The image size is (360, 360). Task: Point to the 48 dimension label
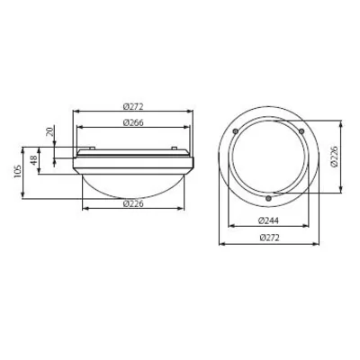[x=35, y=161]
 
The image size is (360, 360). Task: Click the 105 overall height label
[x=19, y=172]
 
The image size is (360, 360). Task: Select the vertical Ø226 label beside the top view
[x=333, y=160]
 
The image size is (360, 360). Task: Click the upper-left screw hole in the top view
[x=236, y=132]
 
